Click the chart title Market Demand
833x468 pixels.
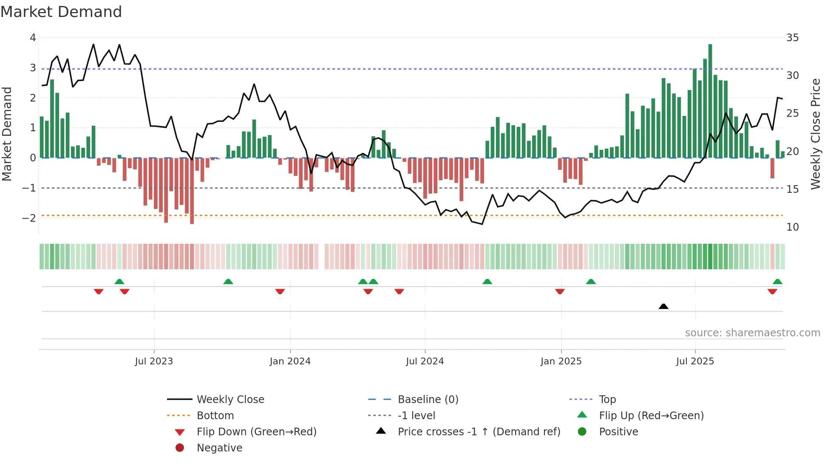pos(61,12)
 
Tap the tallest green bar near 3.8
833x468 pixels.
pos(710,102)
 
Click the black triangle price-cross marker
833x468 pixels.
pos(663,306)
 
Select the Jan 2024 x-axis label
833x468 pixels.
pos(290,361)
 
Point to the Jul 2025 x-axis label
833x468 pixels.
pos(695,361)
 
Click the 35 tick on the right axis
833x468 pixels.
pos(792,38)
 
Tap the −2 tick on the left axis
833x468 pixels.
pos(29,218)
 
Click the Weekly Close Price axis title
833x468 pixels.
pos(815,134)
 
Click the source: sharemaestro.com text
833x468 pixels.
pos(752,333)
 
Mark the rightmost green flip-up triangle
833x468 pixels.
pos(777,282)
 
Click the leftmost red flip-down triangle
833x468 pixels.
pos(99,291)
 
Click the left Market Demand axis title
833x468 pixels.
pos(7,134)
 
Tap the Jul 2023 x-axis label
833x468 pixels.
pos(154,361)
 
